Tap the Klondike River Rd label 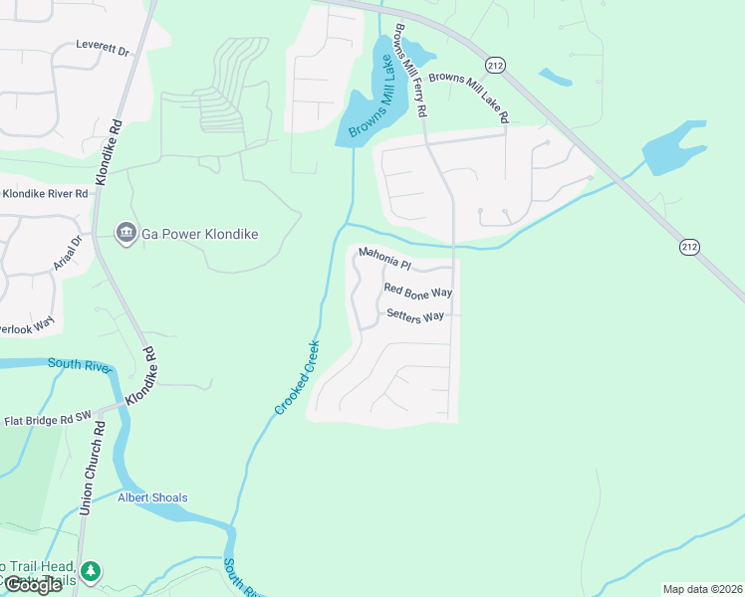click(x=45, y=193)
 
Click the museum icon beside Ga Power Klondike click(x=125, y=234)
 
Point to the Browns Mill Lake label click(x=370, y=100)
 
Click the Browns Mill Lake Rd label click(x=468, y=97)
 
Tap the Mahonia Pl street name click(x=385, y=259)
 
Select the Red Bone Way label click(x=418, y=292)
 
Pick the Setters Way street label click(x=414, y=316)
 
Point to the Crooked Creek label click(x=298, y=378)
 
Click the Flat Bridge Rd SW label click(x=47, y=421)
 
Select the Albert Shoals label click(x=152, y=497)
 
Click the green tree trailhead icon click(x=92, y=570)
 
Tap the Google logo click(x=33, y=585)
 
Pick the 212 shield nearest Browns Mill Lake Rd click(x=494, y=65)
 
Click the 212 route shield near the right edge click(x=689, y=246)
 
